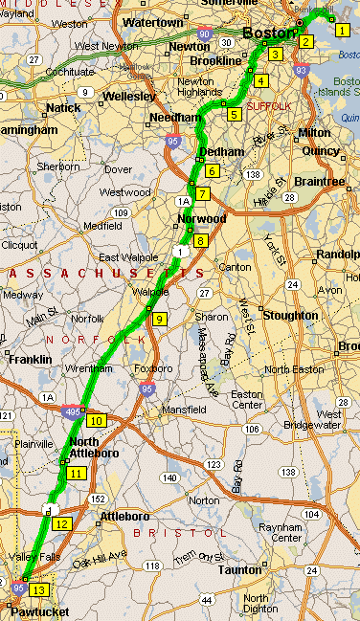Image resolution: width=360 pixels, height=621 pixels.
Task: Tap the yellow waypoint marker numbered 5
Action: pyautogui.click(x=235, y=115)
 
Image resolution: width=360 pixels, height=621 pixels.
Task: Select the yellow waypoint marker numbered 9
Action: pyautogui.click(x=159, y=319)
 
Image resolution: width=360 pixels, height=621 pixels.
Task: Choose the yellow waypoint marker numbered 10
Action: pyautogui.click(x=95, y=420)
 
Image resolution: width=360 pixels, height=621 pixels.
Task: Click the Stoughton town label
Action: pyautogui.click(x=289, y=315)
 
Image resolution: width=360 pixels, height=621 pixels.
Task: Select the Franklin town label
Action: pyautogui.click(x=30, y=360)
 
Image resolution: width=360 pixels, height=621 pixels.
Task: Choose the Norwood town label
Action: pyautogui.click(x=202, y=218)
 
